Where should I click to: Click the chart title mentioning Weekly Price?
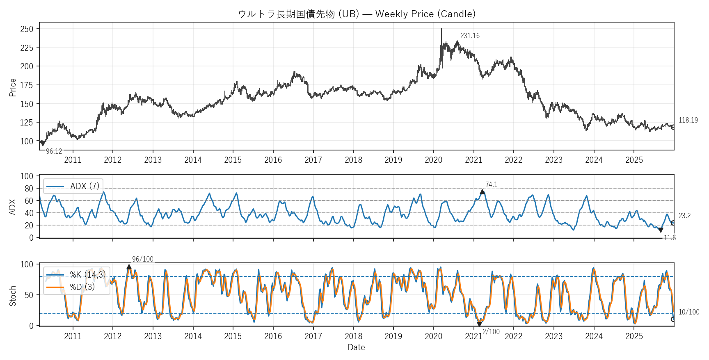pos(357,14)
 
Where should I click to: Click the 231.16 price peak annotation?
pos(470,36)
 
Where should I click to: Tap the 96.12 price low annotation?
pos(54,151)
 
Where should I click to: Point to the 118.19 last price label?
pos(688,120)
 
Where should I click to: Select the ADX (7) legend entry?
pos(73,186)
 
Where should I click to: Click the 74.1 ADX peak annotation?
pos(491,185)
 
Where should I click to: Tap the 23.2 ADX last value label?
pos(684,216)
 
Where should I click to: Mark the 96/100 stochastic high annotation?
pos(142,259)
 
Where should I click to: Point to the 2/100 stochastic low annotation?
pos(491,332)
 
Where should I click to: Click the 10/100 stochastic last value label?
pos(689,312)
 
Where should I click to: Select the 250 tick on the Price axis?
pos(27,29)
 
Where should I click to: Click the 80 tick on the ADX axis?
pos(29,189)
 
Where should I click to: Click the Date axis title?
pos(356,347)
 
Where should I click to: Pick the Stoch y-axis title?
pos(13,296)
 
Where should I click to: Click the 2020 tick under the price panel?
pos(433,160)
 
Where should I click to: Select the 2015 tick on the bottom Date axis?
pos(233,336)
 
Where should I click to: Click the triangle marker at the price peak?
pos(457,43)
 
